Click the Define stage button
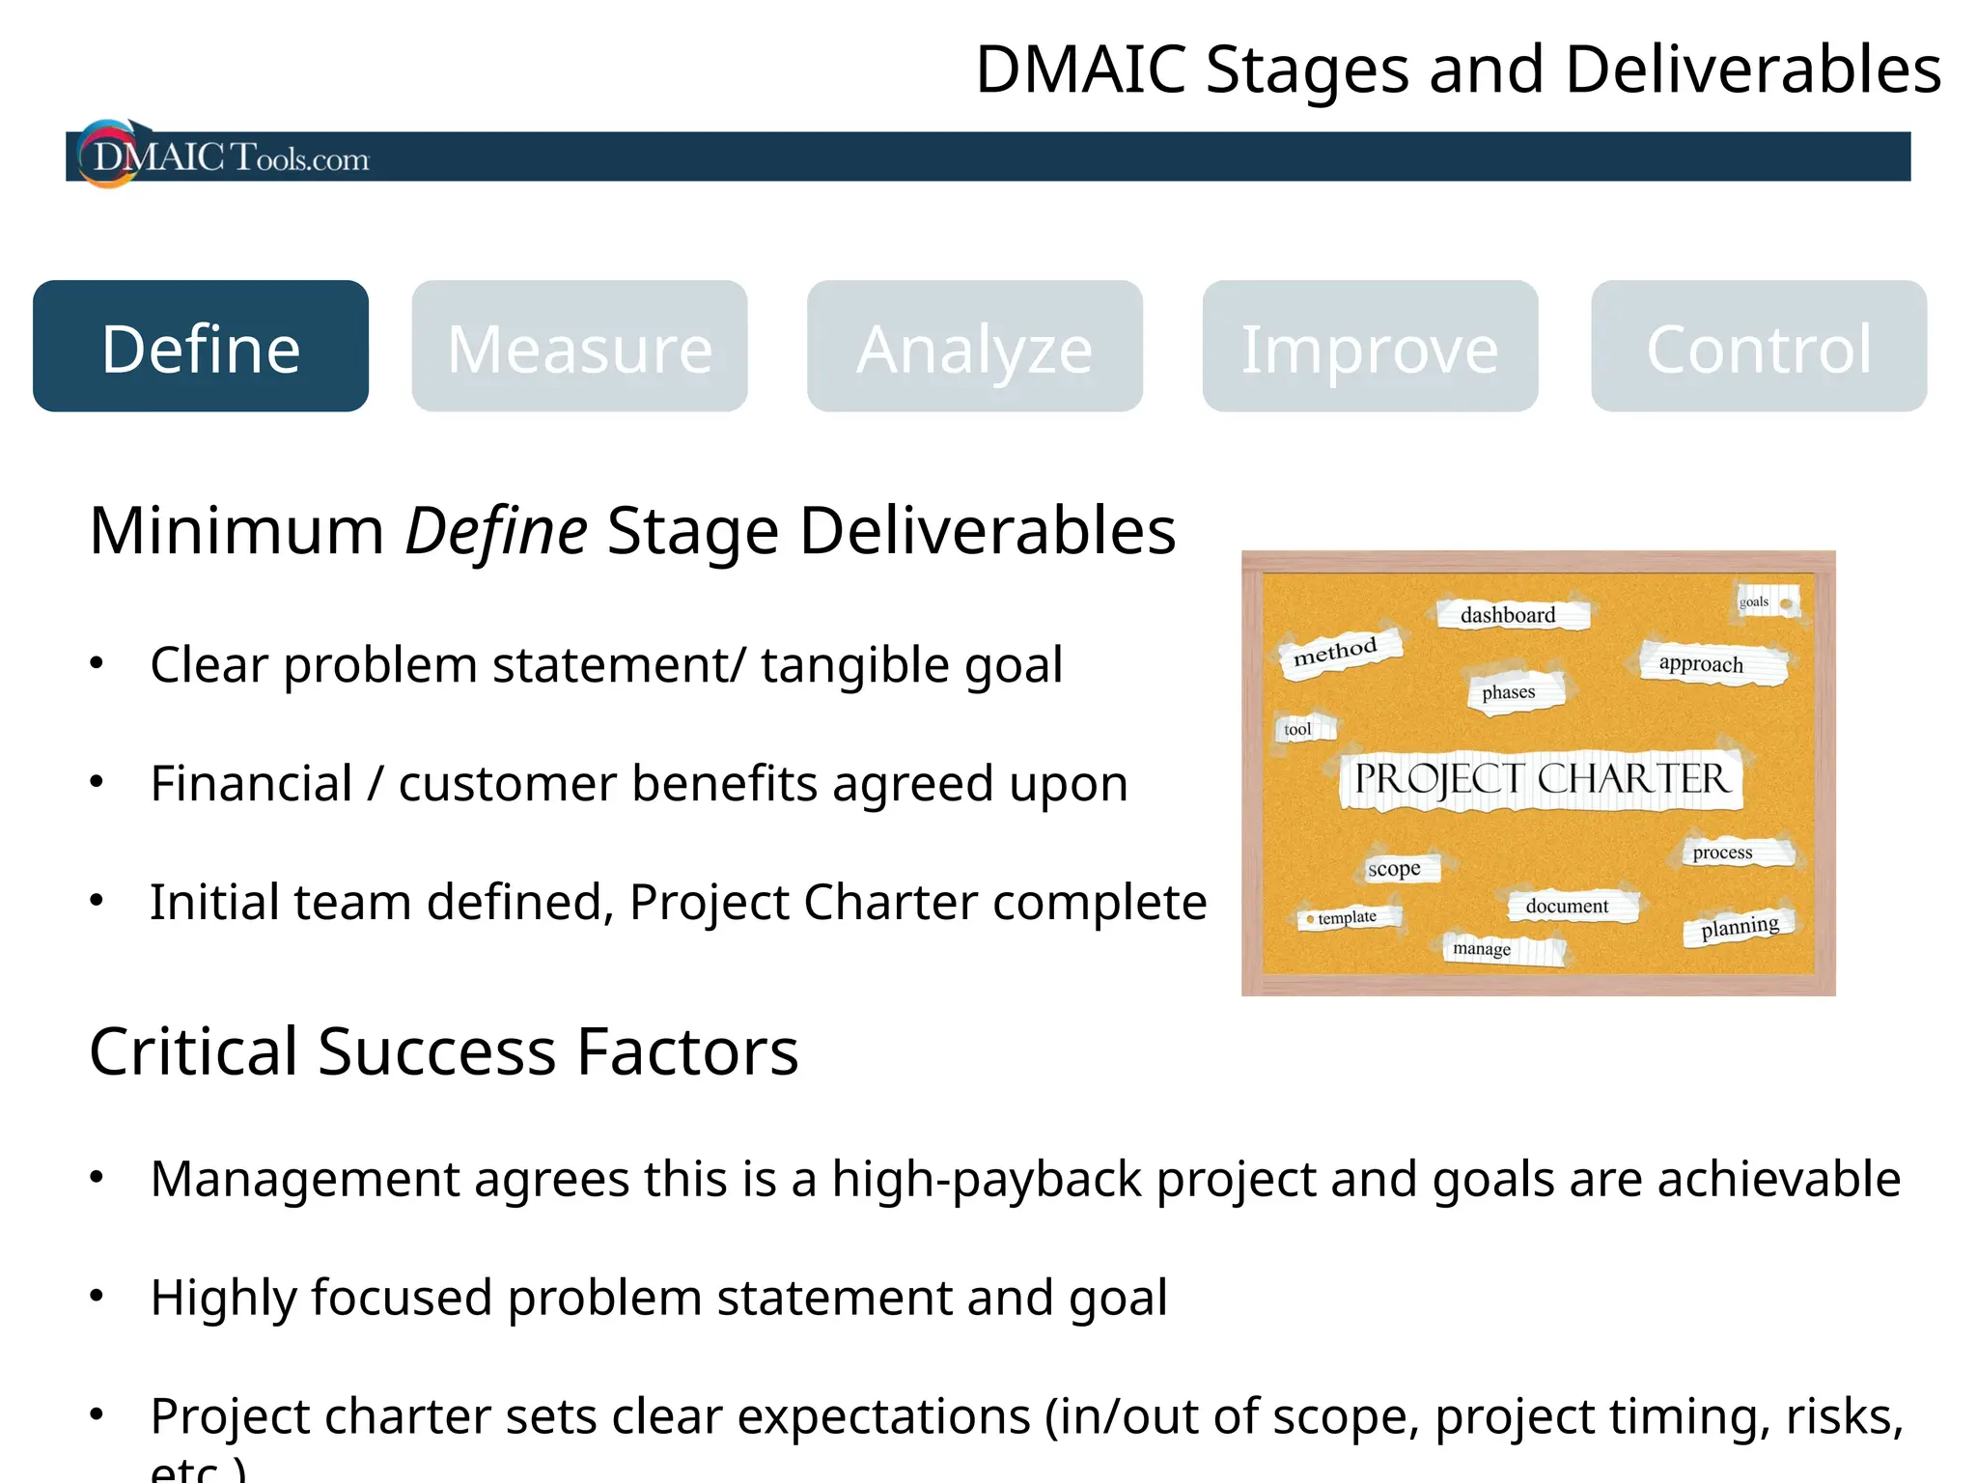tap(201, 347)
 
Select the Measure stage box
tap(579, 347)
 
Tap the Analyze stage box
tap(975, 347)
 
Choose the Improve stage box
tap(1370, 347)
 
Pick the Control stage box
tap(1759, 347)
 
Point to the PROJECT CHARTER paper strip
tap(1541, 779)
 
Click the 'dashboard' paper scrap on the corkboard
tap(1508, 615)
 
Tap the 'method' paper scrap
tap(1335, 652)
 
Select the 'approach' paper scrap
tap(1701, 663)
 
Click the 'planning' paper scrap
tap(1740, 927)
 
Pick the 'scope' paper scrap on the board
tap(1394, 868)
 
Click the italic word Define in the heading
tap(495, 531)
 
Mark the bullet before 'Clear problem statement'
tap(97, 663)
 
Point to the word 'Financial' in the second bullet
tap(251, 783)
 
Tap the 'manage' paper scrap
tap(1482, 948)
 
